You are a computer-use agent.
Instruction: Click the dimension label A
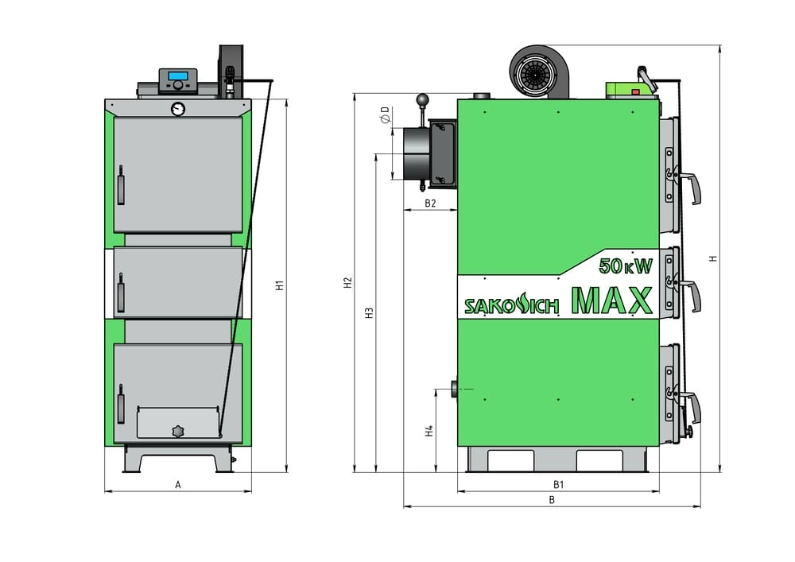[x=178, y=483]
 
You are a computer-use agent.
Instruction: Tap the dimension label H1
[x=280, y=285]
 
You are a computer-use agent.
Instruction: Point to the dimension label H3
[x=369, y=312]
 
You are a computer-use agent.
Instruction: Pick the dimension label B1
[x=558, y=484]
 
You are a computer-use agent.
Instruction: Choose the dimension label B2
[x=429, y=203]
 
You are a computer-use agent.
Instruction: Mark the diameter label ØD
[x=385, y=115]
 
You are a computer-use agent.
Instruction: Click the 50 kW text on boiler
[x=625, y=266]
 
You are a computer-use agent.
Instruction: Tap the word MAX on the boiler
[x=611, y=300]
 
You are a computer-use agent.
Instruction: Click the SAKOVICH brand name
[x=512, y=305]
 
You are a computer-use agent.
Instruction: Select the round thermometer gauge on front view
[x=177, y=107]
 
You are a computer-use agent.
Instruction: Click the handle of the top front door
[x=121, y=185]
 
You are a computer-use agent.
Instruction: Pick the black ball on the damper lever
[x=422, y=100]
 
